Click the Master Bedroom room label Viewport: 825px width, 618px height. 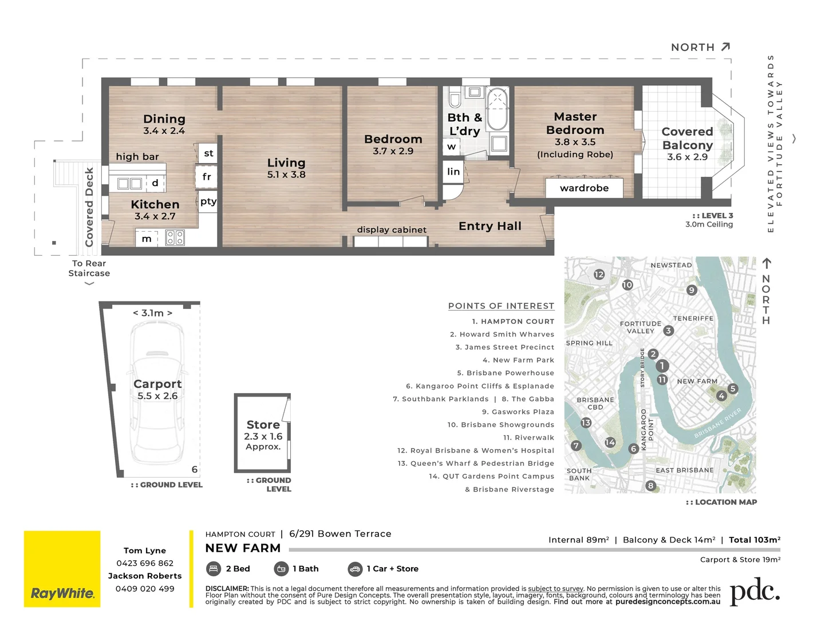point(575,124)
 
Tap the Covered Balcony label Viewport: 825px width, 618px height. point(687,138)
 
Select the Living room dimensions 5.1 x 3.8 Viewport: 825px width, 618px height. point(286,175)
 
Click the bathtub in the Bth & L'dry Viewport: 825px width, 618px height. point(497,109)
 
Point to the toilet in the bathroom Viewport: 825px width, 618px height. point(455,98)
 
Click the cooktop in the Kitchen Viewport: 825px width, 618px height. point(175,237)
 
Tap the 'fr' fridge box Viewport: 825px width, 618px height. point(207,177)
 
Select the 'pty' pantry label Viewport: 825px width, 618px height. point(208,201)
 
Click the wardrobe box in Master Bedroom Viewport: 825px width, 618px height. point(584,188)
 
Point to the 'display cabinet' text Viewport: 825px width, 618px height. point(392,229)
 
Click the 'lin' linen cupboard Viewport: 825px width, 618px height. point(453,172)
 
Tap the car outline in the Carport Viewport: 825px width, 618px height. point(157,395)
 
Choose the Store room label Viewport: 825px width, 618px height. point(263,425)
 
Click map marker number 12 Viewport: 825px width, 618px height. point(599,274)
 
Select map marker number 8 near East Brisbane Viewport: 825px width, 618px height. point(650,486)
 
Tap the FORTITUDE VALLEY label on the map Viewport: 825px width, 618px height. point(640,327)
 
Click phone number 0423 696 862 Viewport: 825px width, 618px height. point(145,563)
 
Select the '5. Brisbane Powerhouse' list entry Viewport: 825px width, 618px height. point(506,373)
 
